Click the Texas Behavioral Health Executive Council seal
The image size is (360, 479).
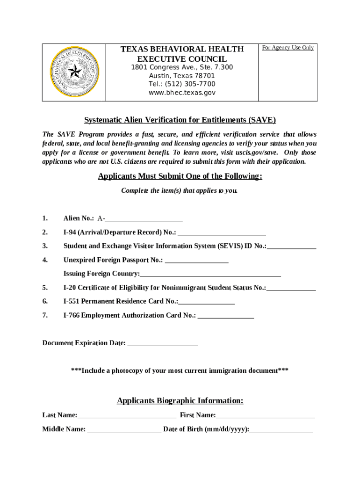coord(74,72)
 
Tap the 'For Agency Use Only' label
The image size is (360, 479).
coord(288,48)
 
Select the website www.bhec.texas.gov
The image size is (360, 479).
coord(182,93)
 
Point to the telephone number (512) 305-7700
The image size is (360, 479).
coord(182,84)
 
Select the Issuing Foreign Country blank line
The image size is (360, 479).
coord(210,275)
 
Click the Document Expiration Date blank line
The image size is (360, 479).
coord(163,344)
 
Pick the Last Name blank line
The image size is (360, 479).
coord(127,416)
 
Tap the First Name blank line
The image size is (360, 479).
coord(265,416)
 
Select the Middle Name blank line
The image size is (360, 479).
coord(124,430)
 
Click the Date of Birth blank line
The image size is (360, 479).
coord(281,430)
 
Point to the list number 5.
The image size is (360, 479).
coord(44,287)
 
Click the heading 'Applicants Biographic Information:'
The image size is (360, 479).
coord(180,401)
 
